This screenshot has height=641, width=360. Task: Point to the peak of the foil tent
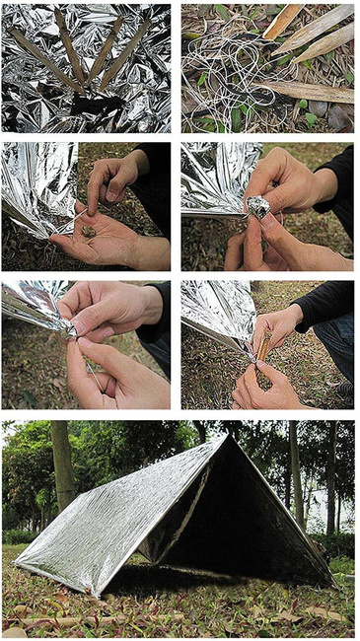pos(225,437)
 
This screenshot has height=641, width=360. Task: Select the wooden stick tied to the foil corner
pos(264,349)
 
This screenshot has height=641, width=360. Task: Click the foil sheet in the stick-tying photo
pos(212,311)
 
